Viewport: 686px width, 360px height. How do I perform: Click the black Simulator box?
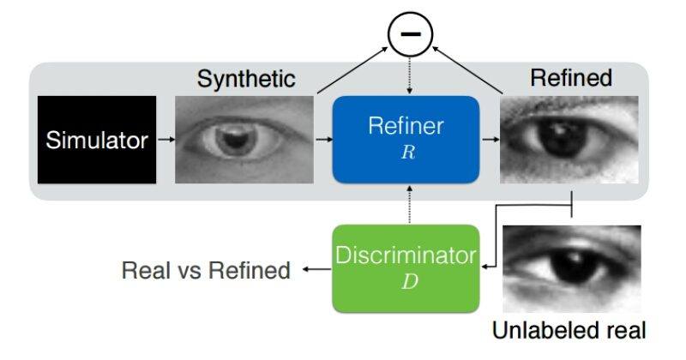coord(97,140)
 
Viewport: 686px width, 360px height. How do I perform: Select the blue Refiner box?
coord(406,139)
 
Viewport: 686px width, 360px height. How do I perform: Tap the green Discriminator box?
coord(406,268)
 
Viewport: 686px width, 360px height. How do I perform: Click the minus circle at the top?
coord(411,34)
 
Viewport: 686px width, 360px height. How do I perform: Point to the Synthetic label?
coord(246,79)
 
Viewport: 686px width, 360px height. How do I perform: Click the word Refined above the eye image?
coord(571,78)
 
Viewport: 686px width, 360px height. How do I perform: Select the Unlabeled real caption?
coord(569,330)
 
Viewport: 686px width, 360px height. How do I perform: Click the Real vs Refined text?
coord(206,270)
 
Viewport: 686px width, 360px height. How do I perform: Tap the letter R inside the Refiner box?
coord(408,153)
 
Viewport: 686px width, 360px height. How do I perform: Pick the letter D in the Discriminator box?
coord(410,282)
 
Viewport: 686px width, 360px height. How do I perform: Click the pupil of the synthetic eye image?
coord(232,140)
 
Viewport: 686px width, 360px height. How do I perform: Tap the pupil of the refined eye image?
coord(563,138)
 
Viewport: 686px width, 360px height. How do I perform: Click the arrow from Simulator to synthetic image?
coord(165,140)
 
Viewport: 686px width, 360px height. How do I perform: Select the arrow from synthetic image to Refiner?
coord(324,140)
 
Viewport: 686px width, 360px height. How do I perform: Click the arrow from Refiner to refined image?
coord(490,140)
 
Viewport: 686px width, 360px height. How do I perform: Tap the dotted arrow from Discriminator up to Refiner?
coord(410,204)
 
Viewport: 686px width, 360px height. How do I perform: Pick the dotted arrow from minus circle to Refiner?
coord(410,76)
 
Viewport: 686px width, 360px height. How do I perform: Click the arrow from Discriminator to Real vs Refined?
coord(316,269)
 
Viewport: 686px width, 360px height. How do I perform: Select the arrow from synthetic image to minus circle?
coord(352,70)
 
